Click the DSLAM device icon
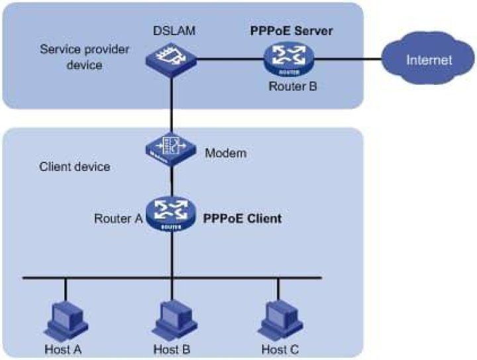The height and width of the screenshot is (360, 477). [x=172, y=60]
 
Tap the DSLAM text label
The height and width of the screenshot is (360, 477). [x=174, y=30]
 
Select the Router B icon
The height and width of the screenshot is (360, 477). [x=288, y=60]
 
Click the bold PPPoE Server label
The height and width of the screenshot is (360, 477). [x=291, y=30]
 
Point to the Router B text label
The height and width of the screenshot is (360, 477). [x=293, y=86]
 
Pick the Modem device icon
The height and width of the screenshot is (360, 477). [x=171, y=149]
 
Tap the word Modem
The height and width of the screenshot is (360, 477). [x=226, y=152]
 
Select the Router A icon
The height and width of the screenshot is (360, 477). [x=171, y=214]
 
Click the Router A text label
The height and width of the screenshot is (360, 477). [x=119, y=219]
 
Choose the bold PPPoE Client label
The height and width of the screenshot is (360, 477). [x=242, y=219]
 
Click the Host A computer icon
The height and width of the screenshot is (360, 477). [x=66, y=322]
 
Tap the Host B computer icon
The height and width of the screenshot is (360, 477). [x=175, y=322]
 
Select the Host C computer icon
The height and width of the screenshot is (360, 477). [x=280, y=322]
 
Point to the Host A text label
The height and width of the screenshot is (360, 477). [x=63, y=349]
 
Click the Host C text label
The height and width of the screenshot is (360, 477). [x=280, y=349]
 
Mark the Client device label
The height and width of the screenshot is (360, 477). [x=74, y=167]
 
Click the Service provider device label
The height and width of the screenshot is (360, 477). [x=85, y=57]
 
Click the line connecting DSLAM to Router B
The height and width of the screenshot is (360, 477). [x=231, y=59]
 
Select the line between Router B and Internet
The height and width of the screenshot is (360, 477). [x=348, y=59]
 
